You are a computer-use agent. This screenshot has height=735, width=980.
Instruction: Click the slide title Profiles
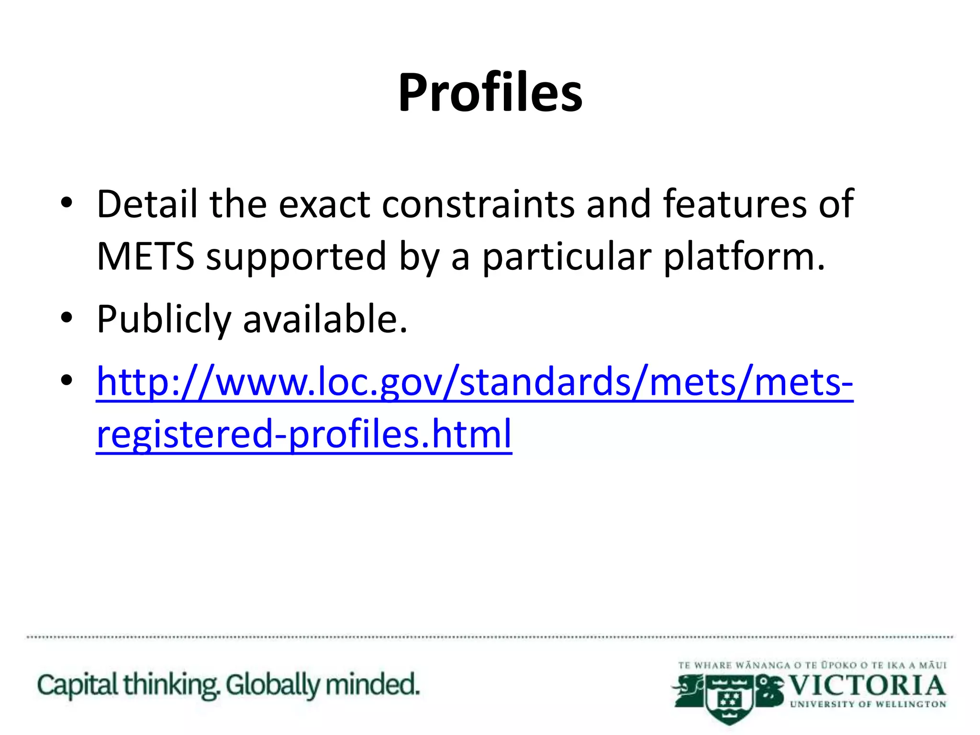click(490, 92)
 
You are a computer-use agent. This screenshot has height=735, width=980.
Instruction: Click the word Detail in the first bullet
click(147, 204)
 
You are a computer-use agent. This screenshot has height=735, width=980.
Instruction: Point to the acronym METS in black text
click(145, 256)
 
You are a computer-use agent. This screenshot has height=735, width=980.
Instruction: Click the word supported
click(296, 257)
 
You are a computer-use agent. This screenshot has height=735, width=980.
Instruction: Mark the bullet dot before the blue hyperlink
click(67, 380)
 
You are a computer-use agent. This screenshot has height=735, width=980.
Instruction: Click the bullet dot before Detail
click(67, 203)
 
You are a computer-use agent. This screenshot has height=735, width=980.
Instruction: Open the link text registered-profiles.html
click(304, 434)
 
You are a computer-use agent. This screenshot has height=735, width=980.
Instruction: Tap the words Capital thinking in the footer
click(127, 685)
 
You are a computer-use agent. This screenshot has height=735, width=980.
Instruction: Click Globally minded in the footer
click(323, 685)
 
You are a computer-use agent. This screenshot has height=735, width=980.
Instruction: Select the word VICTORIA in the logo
click(866, 686)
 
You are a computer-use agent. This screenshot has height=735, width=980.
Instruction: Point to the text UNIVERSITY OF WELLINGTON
click(868, 704)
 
